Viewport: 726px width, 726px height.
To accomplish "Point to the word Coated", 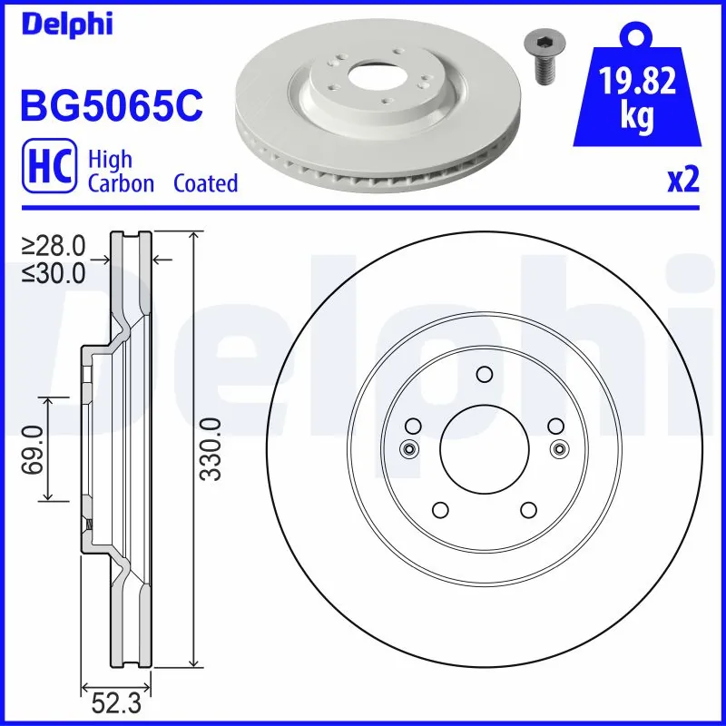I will [205, 183].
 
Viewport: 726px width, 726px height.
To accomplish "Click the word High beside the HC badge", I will [110, 160].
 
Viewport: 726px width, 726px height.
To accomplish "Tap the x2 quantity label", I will [683, 181].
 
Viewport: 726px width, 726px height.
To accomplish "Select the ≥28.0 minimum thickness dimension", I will [54, 245].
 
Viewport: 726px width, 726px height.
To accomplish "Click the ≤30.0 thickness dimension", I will [54, 271].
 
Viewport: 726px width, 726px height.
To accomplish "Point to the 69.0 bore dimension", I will [33, 448].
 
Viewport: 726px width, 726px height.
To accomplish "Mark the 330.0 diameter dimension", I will [211, 449].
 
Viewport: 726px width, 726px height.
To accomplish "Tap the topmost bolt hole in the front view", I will [484, 374].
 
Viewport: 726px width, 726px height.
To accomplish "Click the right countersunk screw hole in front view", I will [559, 447].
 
